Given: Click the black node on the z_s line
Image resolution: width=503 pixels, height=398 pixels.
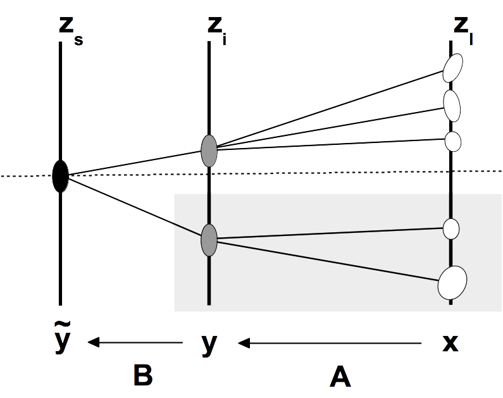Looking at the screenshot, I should [60, 176].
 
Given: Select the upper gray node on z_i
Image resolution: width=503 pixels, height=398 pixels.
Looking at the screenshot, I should [209, 151].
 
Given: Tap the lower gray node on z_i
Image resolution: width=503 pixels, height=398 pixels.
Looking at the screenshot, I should [209, 239].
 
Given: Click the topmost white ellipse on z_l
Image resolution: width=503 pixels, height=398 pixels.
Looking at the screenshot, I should [453, 67].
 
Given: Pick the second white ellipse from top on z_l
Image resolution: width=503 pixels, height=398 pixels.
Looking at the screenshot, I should [452, 105].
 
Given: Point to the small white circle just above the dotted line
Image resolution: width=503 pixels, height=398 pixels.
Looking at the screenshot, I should [452, 140].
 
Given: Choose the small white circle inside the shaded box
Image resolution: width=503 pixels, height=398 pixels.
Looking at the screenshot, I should [450, 228].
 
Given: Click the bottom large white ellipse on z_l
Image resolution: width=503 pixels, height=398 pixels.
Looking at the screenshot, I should [452, 282].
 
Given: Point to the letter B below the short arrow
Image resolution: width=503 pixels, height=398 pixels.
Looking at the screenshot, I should [143, 376].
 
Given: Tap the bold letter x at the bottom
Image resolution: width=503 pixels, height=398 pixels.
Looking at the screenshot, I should [449, 343].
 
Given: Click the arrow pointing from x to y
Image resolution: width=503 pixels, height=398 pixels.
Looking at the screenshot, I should [330, 344].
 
